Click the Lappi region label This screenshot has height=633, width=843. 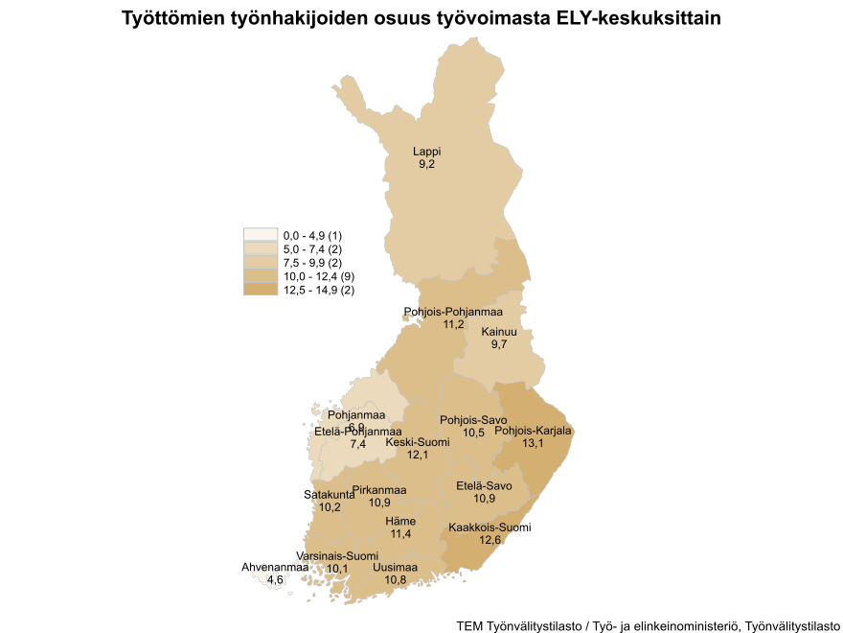(x=427, y=152)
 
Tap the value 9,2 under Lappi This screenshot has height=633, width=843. (x=427, y=165)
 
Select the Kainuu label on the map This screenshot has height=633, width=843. (x=499, y=332)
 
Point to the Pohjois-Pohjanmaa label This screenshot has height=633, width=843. (x=454, y=312)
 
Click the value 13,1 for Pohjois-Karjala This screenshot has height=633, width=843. (x=534, y=444)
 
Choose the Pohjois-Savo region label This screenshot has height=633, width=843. (x=473, y=420)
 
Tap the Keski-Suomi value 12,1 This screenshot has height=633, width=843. (x=418, y=455)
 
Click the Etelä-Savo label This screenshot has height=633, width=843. (x=485, y=485)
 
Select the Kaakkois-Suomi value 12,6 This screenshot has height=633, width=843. (x=490, y=541)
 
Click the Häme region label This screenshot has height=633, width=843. (x=400, y=521)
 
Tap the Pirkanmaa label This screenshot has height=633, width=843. (x=379, y=490)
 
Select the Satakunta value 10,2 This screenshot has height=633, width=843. (x=330, y=507)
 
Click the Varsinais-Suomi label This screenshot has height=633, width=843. (x=337, y=556)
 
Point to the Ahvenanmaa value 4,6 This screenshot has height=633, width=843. (x=275, y=580)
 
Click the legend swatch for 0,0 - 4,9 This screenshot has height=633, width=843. (x=261, y=235)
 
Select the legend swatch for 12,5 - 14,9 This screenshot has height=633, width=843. (x=261, y=290)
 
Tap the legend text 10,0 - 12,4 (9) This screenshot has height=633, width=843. (x=319, y=276)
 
